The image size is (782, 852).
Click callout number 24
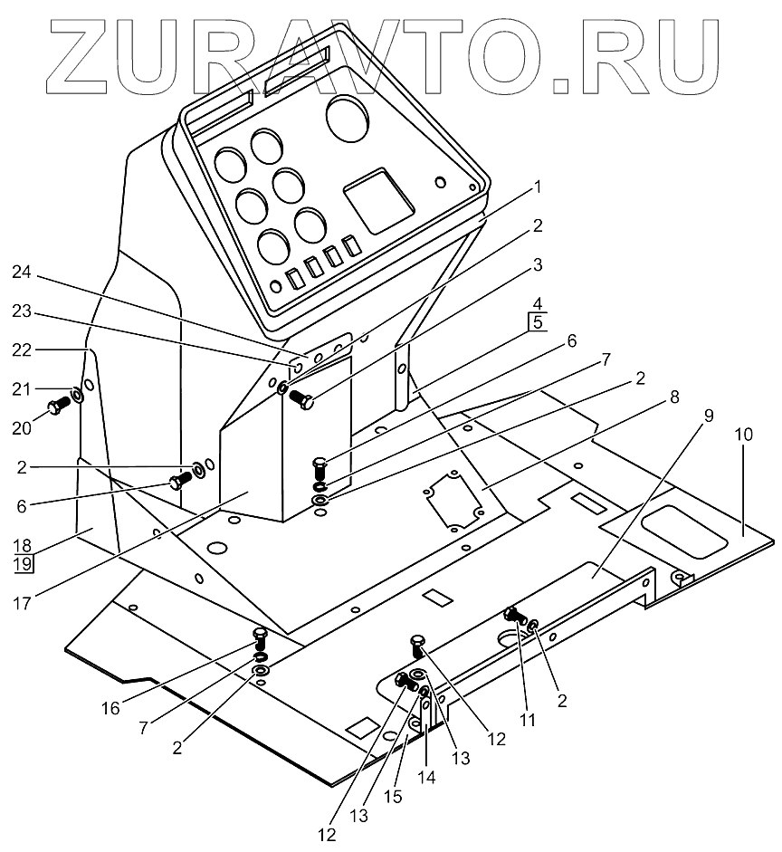tap(21, 272)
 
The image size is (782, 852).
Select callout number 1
tap(537, 188)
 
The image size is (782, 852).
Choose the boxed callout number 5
tap(537, 321)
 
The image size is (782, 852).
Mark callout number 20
tap(21, 426)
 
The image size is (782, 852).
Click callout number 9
tap(708, 418)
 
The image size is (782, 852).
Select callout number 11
tap(529, 721)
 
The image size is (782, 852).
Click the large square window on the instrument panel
tap(378, 200)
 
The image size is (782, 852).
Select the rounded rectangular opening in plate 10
tap(683, 532)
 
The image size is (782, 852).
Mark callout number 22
tap(21, 349)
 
